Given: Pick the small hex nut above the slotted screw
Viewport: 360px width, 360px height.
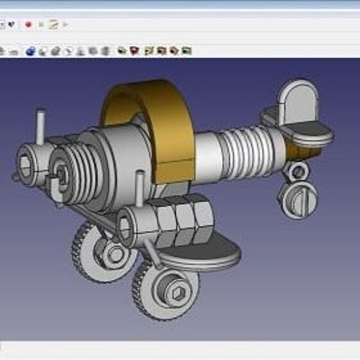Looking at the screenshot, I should (296, 171).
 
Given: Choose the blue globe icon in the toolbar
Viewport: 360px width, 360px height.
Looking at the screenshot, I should (30, 51).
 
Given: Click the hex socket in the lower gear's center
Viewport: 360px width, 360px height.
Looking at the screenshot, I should (176, 293).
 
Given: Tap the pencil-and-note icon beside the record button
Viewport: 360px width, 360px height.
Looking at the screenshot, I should (53, 24).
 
